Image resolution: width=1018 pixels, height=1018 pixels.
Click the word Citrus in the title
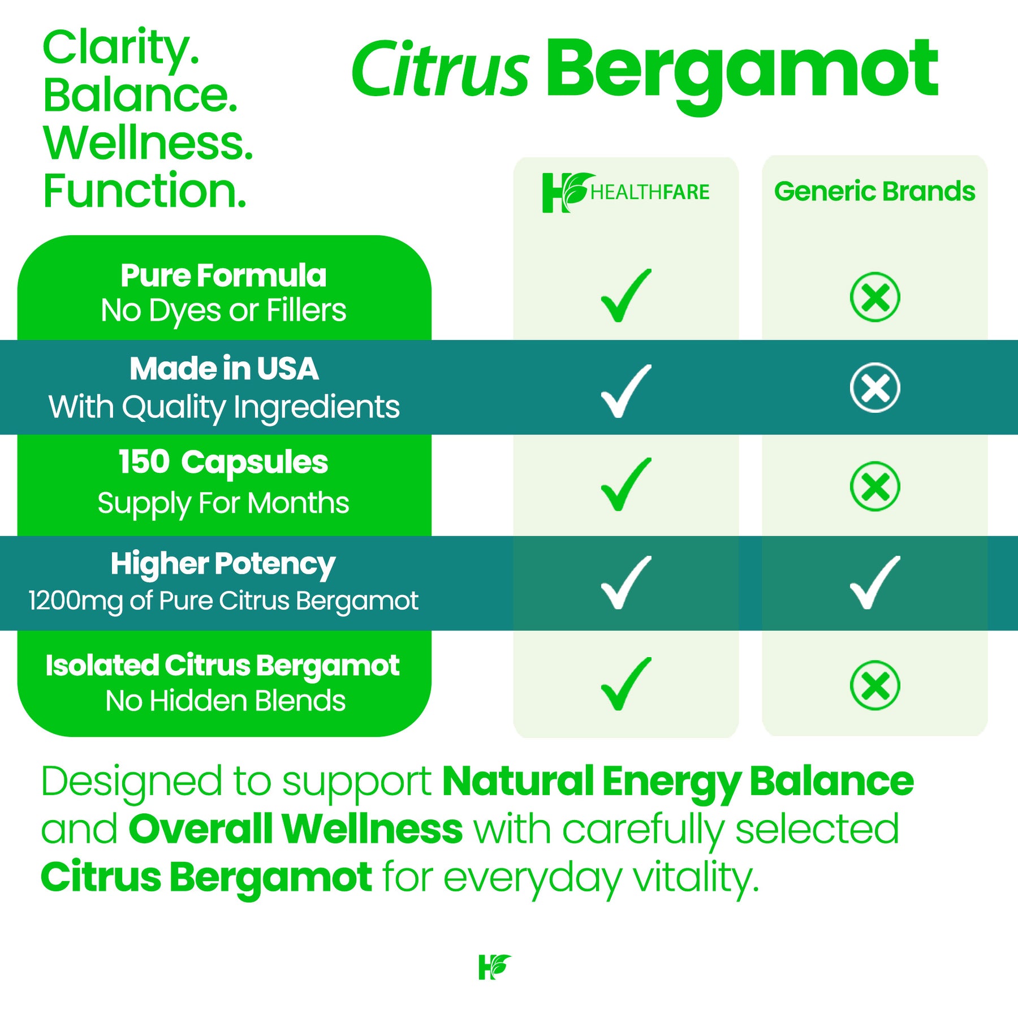tap(440, 69)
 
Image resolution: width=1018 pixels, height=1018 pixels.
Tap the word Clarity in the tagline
tap(121, 49)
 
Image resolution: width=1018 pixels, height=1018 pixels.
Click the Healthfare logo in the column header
tap(626, 192)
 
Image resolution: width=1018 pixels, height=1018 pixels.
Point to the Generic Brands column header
tap(874, 191)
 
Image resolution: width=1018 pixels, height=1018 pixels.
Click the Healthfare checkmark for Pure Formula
tap(626, 296)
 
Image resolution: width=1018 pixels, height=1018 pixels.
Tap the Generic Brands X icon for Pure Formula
tap(875, 297)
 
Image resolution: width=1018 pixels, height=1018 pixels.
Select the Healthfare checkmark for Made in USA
tap(626, 391)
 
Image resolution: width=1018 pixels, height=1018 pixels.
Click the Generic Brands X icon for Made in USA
tap(875, 387)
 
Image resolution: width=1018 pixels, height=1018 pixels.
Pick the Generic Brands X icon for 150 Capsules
tap(875, 486)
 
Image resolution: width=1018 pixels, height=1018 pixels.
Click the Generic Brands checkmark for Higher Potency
tap(874, 583)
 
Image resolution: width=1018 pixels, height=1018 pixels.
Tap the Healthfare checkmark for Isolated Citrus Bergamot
tap(626, 684)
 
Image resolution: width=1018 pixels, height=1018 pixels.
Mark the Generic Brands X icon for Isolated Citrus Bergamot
tap(875, 685)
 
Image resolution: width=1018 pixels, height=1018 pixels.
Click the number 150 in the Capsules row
tap(144, 461)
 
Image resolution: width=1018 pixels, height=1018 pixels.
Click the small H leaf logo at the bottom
tap(494, 967)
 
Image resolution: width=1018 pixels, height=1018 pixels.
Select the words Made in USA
tap(224, 369)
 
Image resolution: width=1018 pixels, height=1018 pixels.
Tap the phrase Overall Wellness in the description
tap(296, 829)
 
